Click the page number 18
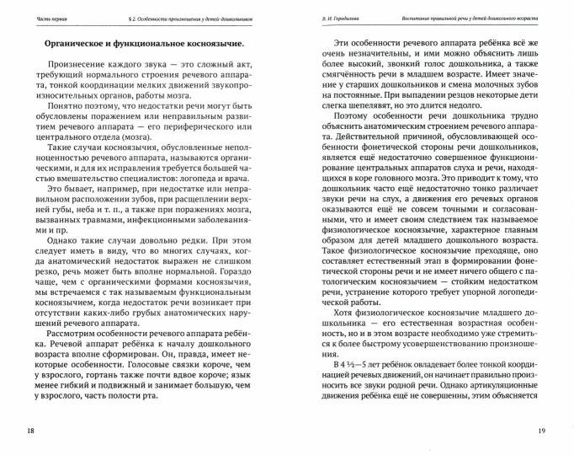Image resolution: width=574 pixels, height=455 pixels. coord(31,431)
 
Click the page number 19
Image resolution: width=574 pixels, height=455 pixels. coord(543,431)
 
